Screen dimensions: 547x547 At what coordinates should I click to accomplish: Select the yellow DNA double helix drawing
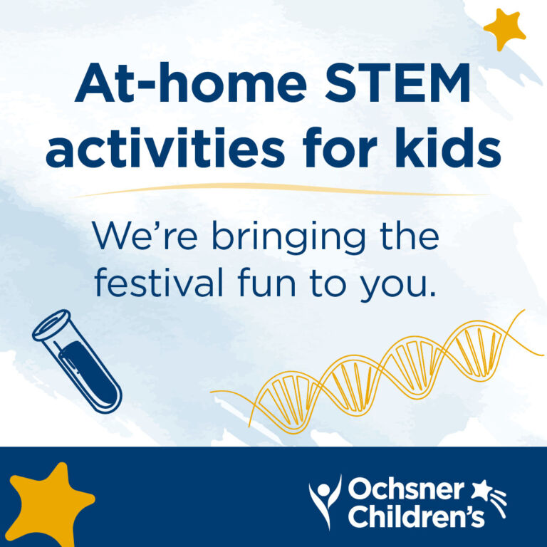[377, 370]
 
